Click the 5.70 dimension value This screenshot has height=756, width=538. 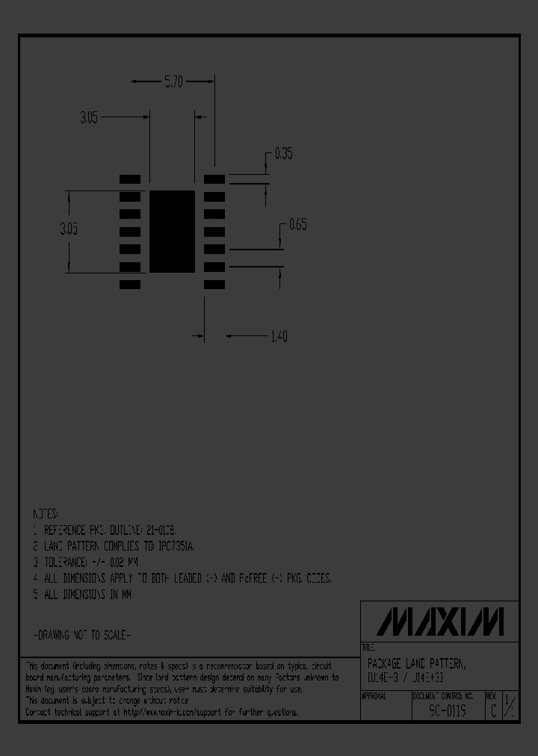173,82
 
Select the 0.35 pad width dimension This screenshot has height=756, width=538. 283,154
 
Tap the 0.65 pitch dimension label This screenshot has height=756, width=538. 297,224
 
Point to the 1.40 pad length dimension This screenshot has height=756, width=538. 277,337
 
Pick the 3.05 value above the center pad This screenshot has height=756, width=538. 88,117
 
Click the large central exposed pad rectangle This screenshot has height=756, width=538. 172,231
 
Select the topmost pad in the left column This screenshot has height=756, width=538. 130,179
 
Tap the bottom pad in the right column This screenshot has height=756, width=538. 214,285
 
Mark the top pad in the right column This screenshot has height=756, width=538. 214,179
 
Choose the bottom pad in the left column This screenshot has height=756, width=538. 130,285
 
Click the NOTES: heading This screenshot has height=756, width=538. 45,515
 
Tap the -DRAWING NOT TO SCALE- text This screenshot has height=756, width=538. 82,635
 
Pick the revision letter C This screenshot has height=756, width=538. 492,712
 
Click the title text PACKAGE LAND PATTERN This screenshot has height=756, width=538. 415,663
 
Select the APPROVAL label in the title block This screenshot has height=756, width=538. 374,695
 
